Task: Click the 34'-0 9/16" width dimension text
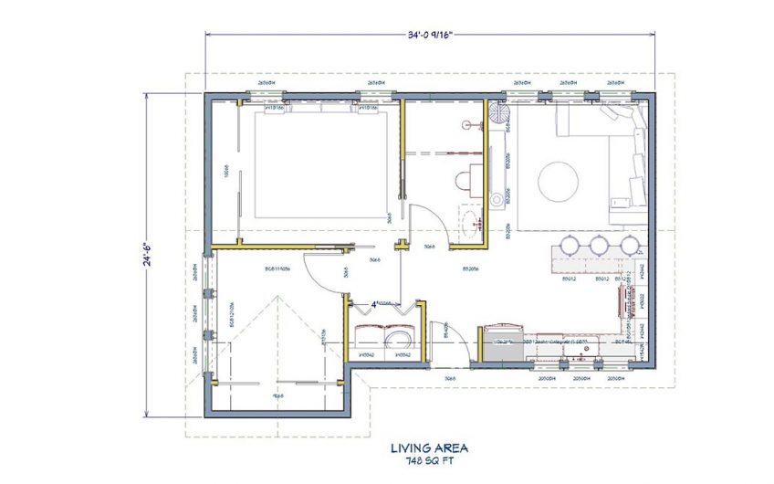click(x=427, y=37)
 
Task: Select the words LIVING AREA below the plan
click(x=429, y=447)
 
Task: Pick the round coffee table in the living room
click(x=558, y=181)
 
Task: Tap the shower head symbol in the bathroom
click(x=466, y=123)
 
